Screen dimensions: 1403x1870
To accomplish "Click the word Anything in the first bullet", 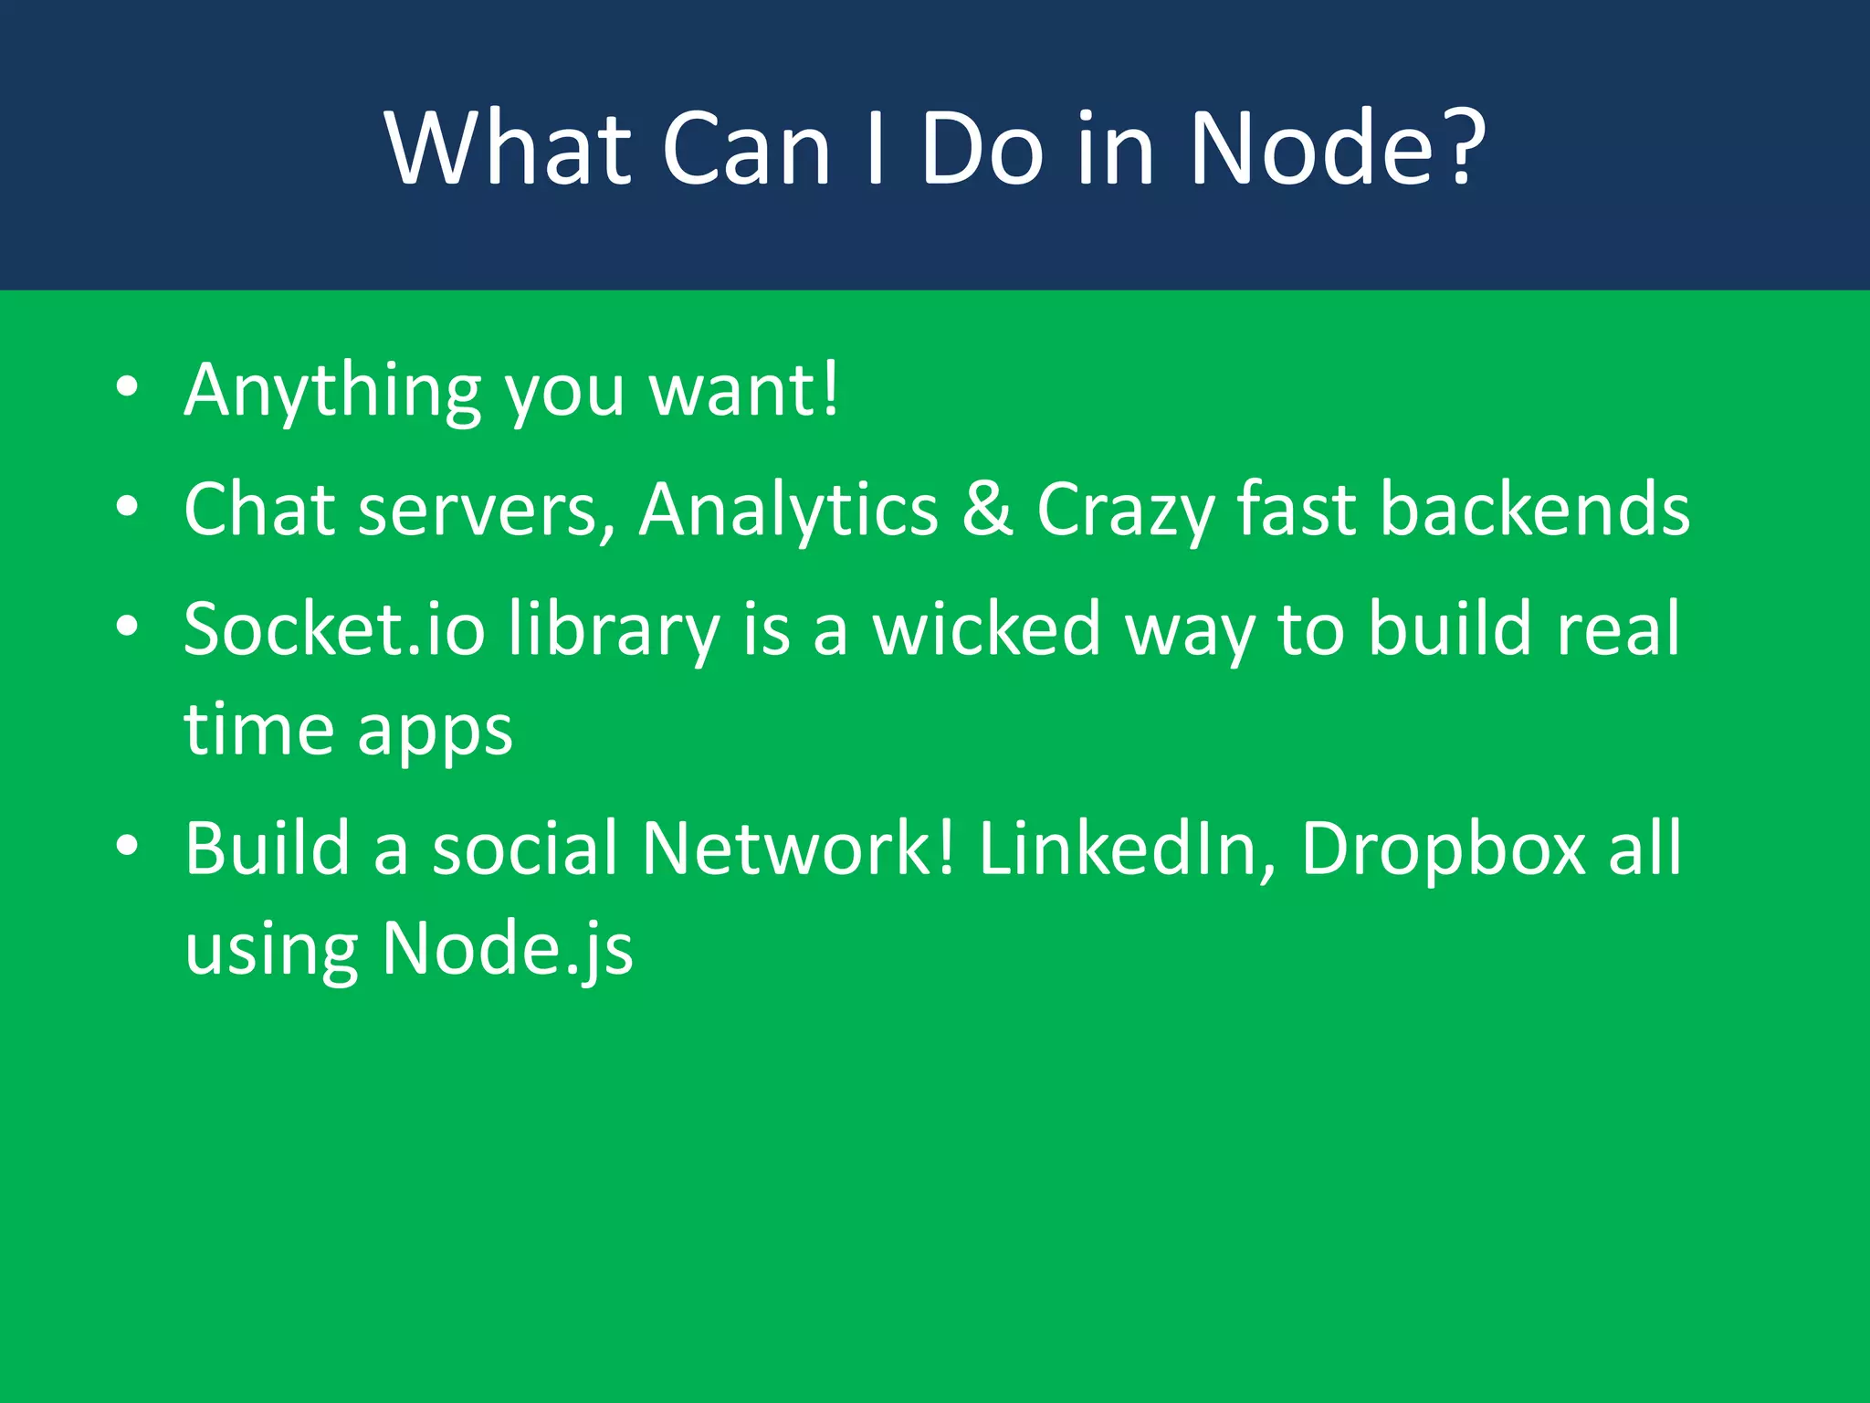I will click(332, 391).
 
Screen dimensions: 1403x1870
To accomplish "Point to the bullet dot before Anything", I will click(127, 386).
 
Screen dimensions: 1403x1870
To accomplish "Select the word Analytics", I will click(788, 509).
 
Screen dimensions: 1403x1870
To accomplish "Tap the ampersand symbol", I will click(987, 509).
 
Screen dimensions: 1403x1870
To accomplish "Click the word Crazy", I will click(1125, 509).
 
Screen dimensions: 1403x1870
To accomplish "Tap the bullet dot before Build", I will click(127, 845).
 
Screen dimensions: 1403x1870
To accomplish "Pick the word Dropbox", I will click(1443, 848).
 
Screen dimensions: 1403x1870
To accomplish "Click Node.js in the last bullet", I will click(507, 948).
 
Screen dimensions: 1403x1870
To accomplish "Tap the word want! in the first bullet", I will click(743, 391).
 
